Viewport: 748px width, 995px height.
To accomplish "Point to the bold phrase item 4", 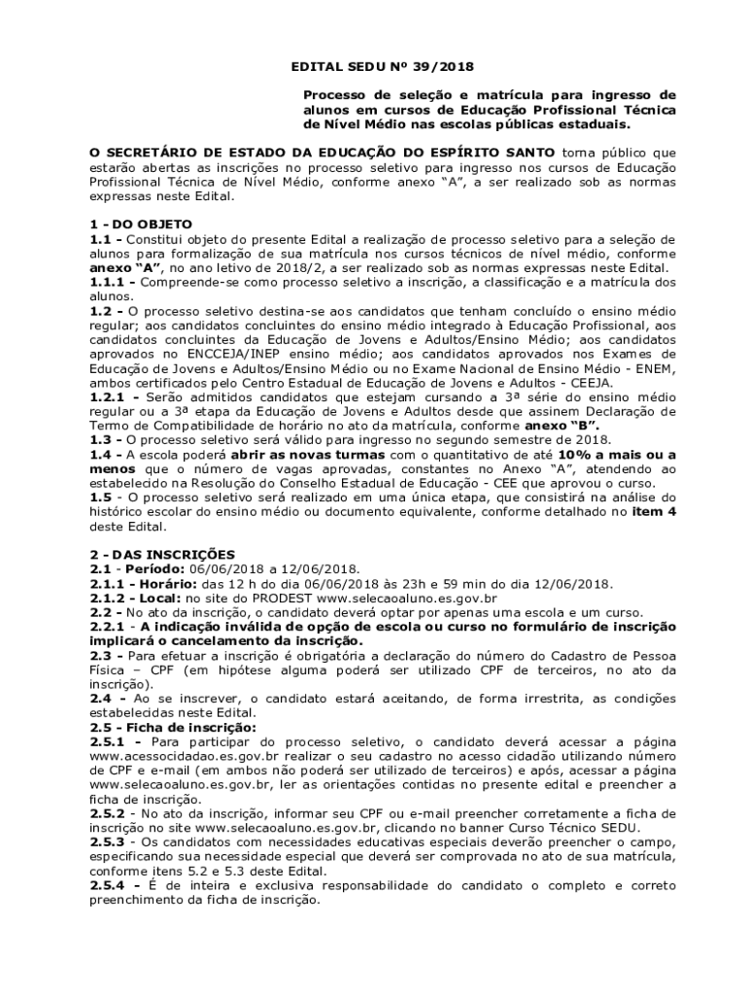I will pyautogui.click(x=653, y=513).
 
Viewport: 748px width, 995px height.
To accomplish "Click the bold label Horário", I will pyautogui.click(x=161, y=583).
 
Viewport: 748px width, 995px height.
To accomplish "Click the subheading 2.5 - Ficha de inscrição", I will pyautogui.click(x=173, y=727).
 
